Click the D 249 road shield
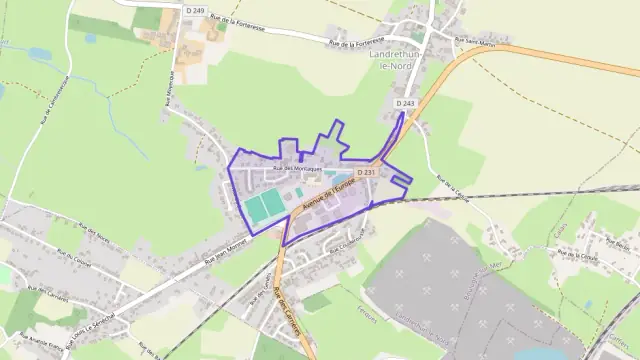(195, 10)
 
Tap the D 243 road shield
(404, 103)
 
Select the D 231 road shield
(365, 173)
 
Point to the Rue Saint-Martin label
(474, 42)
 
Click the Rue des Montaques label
(296, 169)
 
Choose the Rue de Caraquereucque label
(45, 100)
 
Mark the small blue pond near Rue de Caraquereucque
(91, 39)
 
